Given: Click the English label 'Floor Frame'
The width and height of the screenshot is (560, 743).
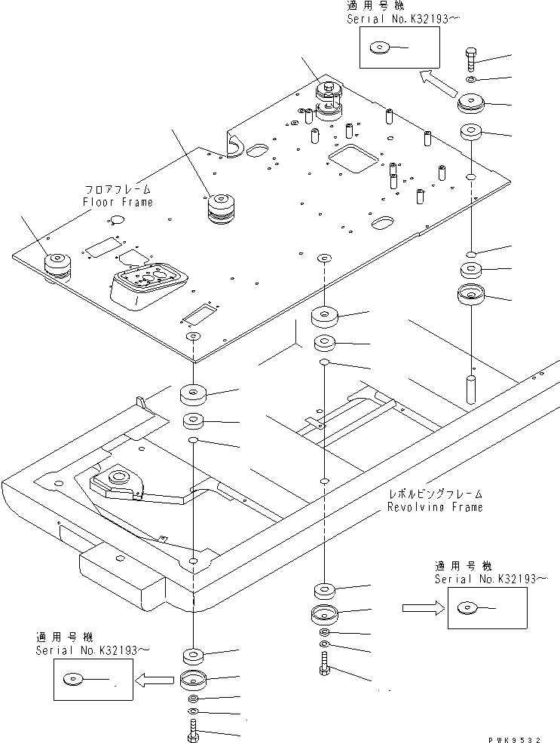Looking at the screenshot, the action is point(118,202).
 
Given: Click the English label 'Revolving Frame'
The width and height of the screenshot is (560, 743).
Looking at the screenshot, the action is point(435,507).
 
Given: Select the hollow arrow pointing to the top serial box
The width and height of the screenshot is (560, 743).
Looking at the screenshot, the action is point(438,84).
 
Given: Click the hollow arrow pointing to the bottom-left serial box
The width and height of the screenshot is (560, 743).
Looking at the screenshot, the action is point(154,680).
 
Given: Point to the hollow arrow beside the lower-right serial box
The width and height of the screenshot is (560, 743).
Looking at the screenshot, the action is point(424,608).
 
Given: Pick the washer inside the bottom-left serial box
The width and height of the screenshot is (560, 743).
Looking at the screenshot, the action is point(72,680).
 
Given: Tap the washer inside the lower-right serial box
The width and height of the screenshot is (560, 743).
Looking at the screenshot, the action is point(467,608).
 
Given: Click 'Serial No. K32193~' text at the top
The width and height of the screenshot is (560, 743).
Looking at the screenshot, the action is point(403,19).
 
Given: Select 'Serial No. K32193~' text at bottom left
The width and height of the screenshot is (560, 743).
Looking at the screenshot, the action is point(93,650).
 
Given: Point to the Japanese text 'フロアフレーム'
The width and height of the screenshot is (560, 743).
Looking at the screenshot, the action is point(118,190).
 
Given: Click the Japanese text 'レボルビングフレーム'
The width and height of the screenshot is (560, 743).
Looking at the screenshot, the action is point(435,494).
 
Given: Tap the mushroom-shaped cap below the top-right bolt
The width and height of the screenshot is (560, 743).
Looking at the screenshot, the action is point(469,104).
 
